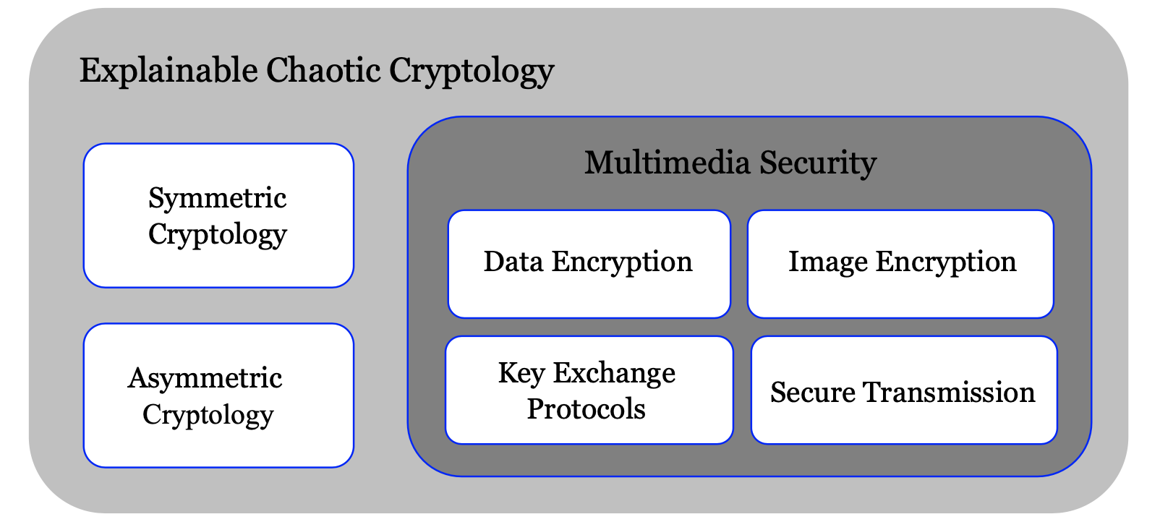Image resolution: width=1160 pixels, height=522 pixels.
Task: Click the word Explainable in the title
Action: click(168, 71)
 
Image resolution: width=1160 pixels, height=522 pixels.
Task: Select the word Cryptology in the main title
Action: click(472, 71)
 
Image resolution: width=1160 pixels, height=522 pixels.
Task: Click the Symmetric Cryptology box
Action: click(218, 215)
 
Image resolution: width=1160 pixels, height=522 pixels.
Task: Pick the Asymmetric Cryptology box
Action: click(218, 395)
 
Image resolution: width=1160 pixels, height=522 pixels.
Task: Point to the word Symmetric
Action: click(217, 198)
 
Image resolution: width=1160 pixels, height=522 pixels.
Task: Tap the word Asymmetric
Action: click(205, 378)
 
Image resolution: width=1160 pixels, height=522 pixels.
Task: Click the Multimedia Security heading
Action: click(730, 163)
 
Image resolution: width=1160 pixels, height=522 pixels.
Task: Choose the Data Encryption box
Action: click(589, 264)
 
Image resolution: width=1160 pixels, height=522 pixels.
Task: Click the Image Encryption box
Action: click(900, 264)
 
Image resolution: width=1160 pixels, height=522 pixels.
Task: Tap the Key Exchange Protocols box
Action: click(589, 390)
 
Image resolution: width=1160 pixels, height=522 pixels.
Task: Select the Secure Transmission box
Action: click(904, 390)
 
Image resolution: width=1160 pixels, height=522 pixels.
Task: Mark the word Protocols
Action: click(586, 409)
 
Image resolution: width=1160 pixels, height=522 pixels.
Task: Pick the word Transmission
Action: click(949, 393)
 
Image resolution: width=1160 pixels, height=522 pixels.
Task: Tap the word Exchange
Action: click(614, 373)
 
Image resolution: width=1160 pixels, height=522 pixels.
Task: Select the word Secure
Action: click(813, 393)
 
